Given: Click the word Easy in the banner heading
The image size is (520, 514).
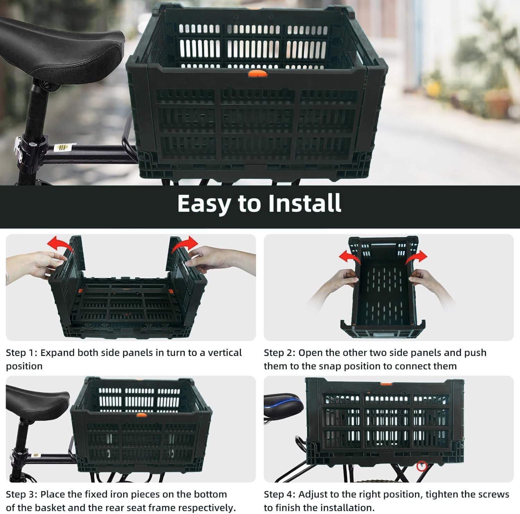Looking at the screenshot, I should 203,204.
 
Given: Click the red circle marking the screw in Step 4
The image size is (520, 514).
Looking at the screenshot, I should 422,466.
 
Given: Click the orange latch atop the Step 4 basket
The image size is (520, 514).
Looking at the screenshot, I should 386,384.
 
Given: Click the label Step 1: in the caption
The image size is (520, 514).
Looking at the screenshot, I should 21,353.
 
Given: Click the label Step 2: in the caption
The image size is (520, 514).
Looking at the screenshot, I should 279,353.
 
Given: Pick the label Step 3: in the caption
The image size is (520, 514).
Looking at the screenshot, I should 21,494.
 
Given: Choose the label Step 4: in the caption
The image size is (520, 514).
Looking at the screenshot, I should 279,494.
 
